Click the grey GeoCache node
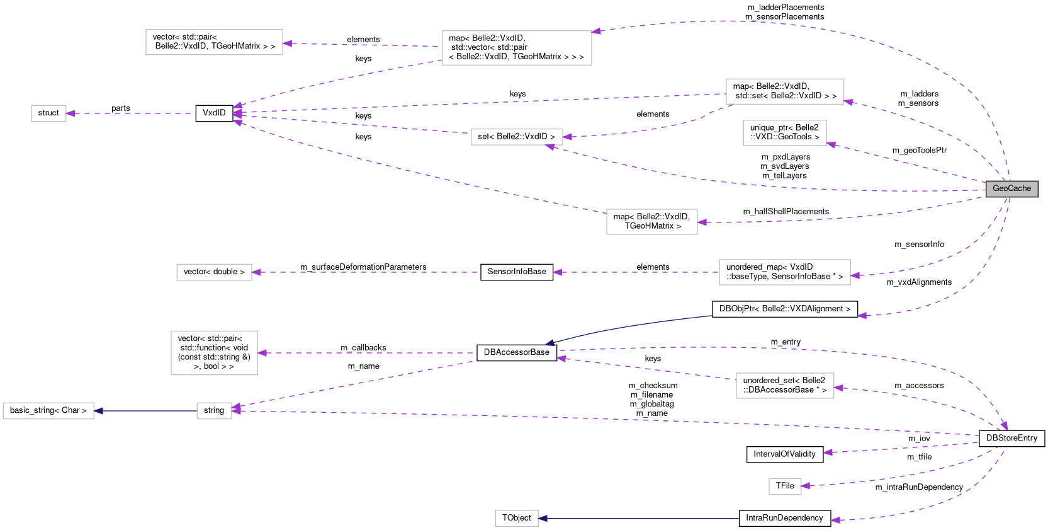1011,188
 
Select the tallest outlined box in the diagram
214,353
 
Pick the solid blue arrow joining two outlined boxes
145,411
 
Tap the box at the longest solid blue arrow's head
516,518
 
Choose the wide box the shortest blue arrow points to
48,411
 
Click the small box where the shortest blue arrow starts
214,411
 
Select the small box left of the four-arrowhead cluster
48,113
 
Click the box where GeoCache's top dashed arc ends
517,48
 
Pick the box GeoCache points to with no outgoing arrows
784,133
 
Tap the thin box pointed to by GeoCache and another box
517,137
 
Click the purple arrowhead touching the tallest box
262,353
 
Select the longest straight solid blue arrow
638,519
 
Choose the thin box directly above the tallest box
214,272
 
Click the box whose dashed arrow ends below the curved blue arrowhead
785,386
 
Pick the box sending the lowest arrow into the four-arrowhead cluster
651,222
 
